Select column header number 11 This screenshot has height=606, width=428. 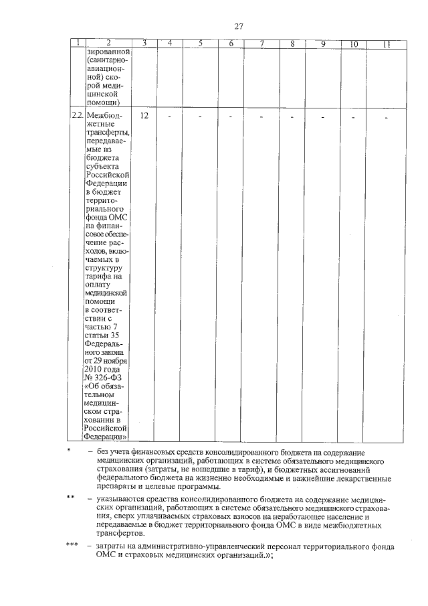pos(387,44)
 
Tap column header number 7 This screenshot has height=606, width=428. pos(262,44)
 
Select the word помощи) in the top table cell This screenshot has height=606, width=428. pos(103,102)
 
